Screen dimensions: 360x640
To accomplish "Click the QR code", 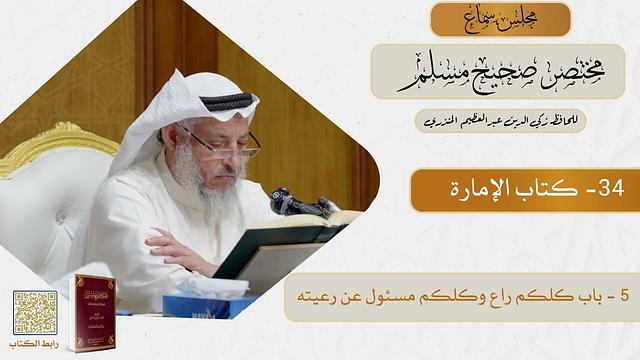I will (35, 312).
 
